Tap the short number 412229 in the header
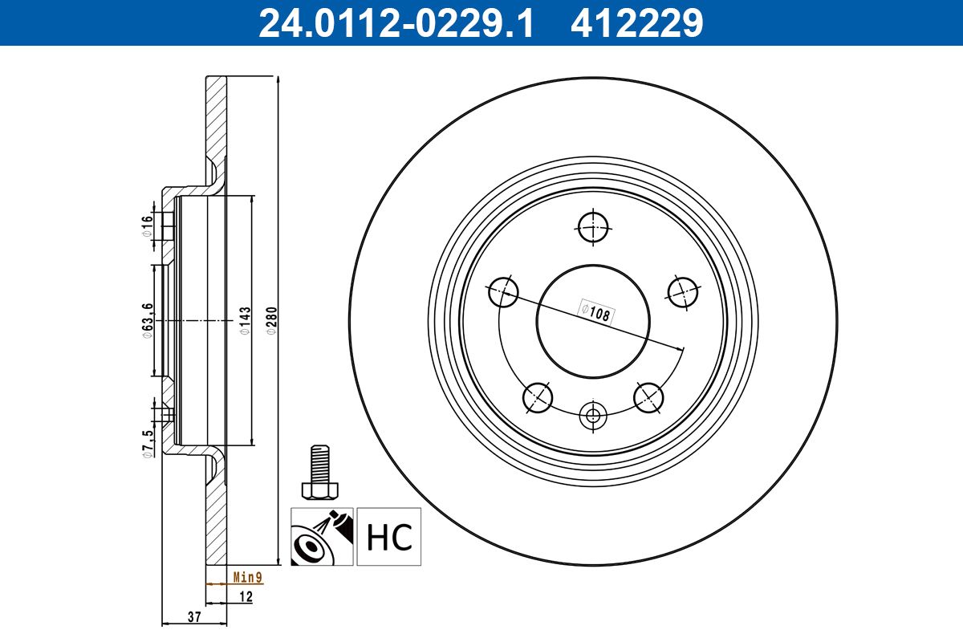636,23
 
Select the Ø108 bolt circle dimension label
596,311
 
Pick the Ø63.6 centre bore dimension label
147,320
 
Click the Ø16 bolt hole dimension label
147,226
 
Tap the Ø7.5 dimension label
147,443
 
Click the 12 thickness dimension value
246,596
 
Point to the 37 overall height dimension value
193,616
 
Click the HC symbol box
388,536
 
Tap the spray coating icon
321,536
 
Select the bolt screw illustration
319,473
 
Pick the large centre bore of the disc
593,321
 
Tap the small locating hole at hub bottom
593,416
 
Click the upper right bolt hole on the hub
683,291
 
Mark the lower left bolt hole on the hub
538,396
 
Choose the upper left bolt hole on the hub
503,291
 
